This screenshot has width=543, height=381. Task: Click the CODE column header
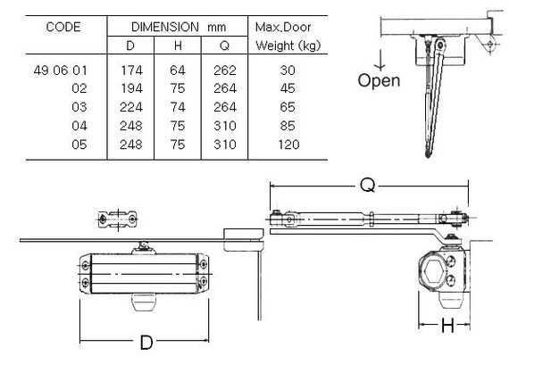pyautogui.click(x=63, y=27)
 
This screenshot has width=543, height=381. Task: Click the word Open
pyautogui.click(x=379, y=80)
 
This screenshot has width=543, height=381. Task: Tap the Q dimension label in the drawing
pyautogui.click(x=367, y=186)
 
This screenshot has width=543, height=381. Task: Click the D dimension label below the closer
pyautogui.click(x=146, y=344)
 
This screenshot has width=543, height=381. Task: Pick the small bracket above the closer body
pyautogui.click(x=118, y=219)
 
